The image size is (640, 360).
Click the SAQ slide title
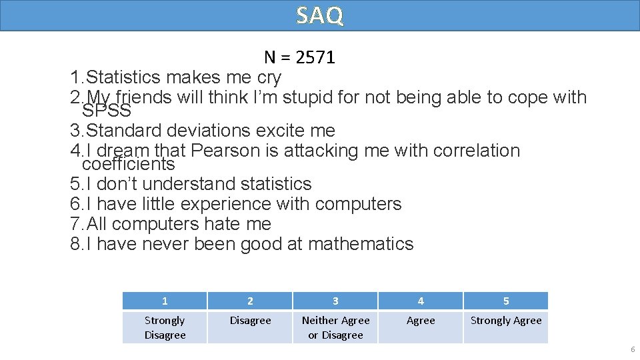(320, 15)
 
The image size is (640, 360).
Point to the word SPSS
(106, 110)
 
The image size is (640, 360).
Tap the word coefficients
(128, 164)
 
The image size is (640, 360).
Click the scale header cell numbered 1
(165, 301)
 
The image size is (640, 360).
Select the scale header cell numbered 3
(335, 301)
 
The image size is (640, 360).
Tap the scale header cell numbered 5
(506, 301)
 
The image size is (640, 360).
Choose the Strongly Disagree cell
(165, 327)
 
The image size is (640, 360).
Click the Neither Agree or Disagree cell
(335, 327)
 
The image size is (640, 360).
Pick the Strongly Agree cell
(506, 321)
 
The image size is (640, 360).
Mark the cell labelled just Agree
(421, 321)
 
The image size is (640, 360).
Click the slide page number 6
(632, 350)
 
